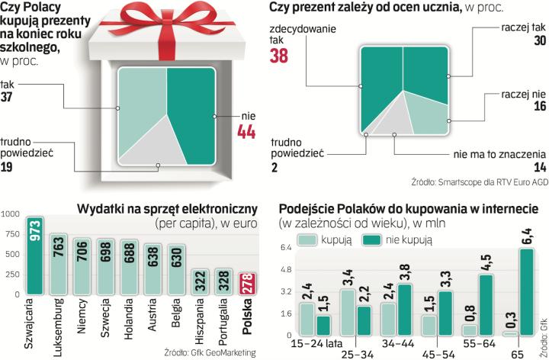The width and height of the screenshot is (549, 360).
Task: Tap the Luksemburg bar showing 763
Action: coord(59,262)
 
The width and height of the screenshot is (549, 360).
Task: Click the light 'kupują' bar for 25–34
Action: coord(348,312)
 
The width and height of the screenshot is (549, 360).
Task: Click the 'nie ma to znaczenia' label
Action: coord(491,154)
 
